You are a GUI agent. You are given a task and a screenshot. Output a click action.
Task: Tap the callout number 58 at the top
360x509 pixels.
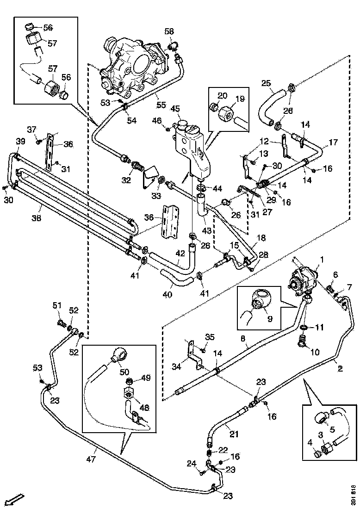169,31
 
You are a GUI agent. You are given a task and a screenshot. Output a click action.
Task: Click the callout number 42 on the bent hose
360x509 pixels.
180,253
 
